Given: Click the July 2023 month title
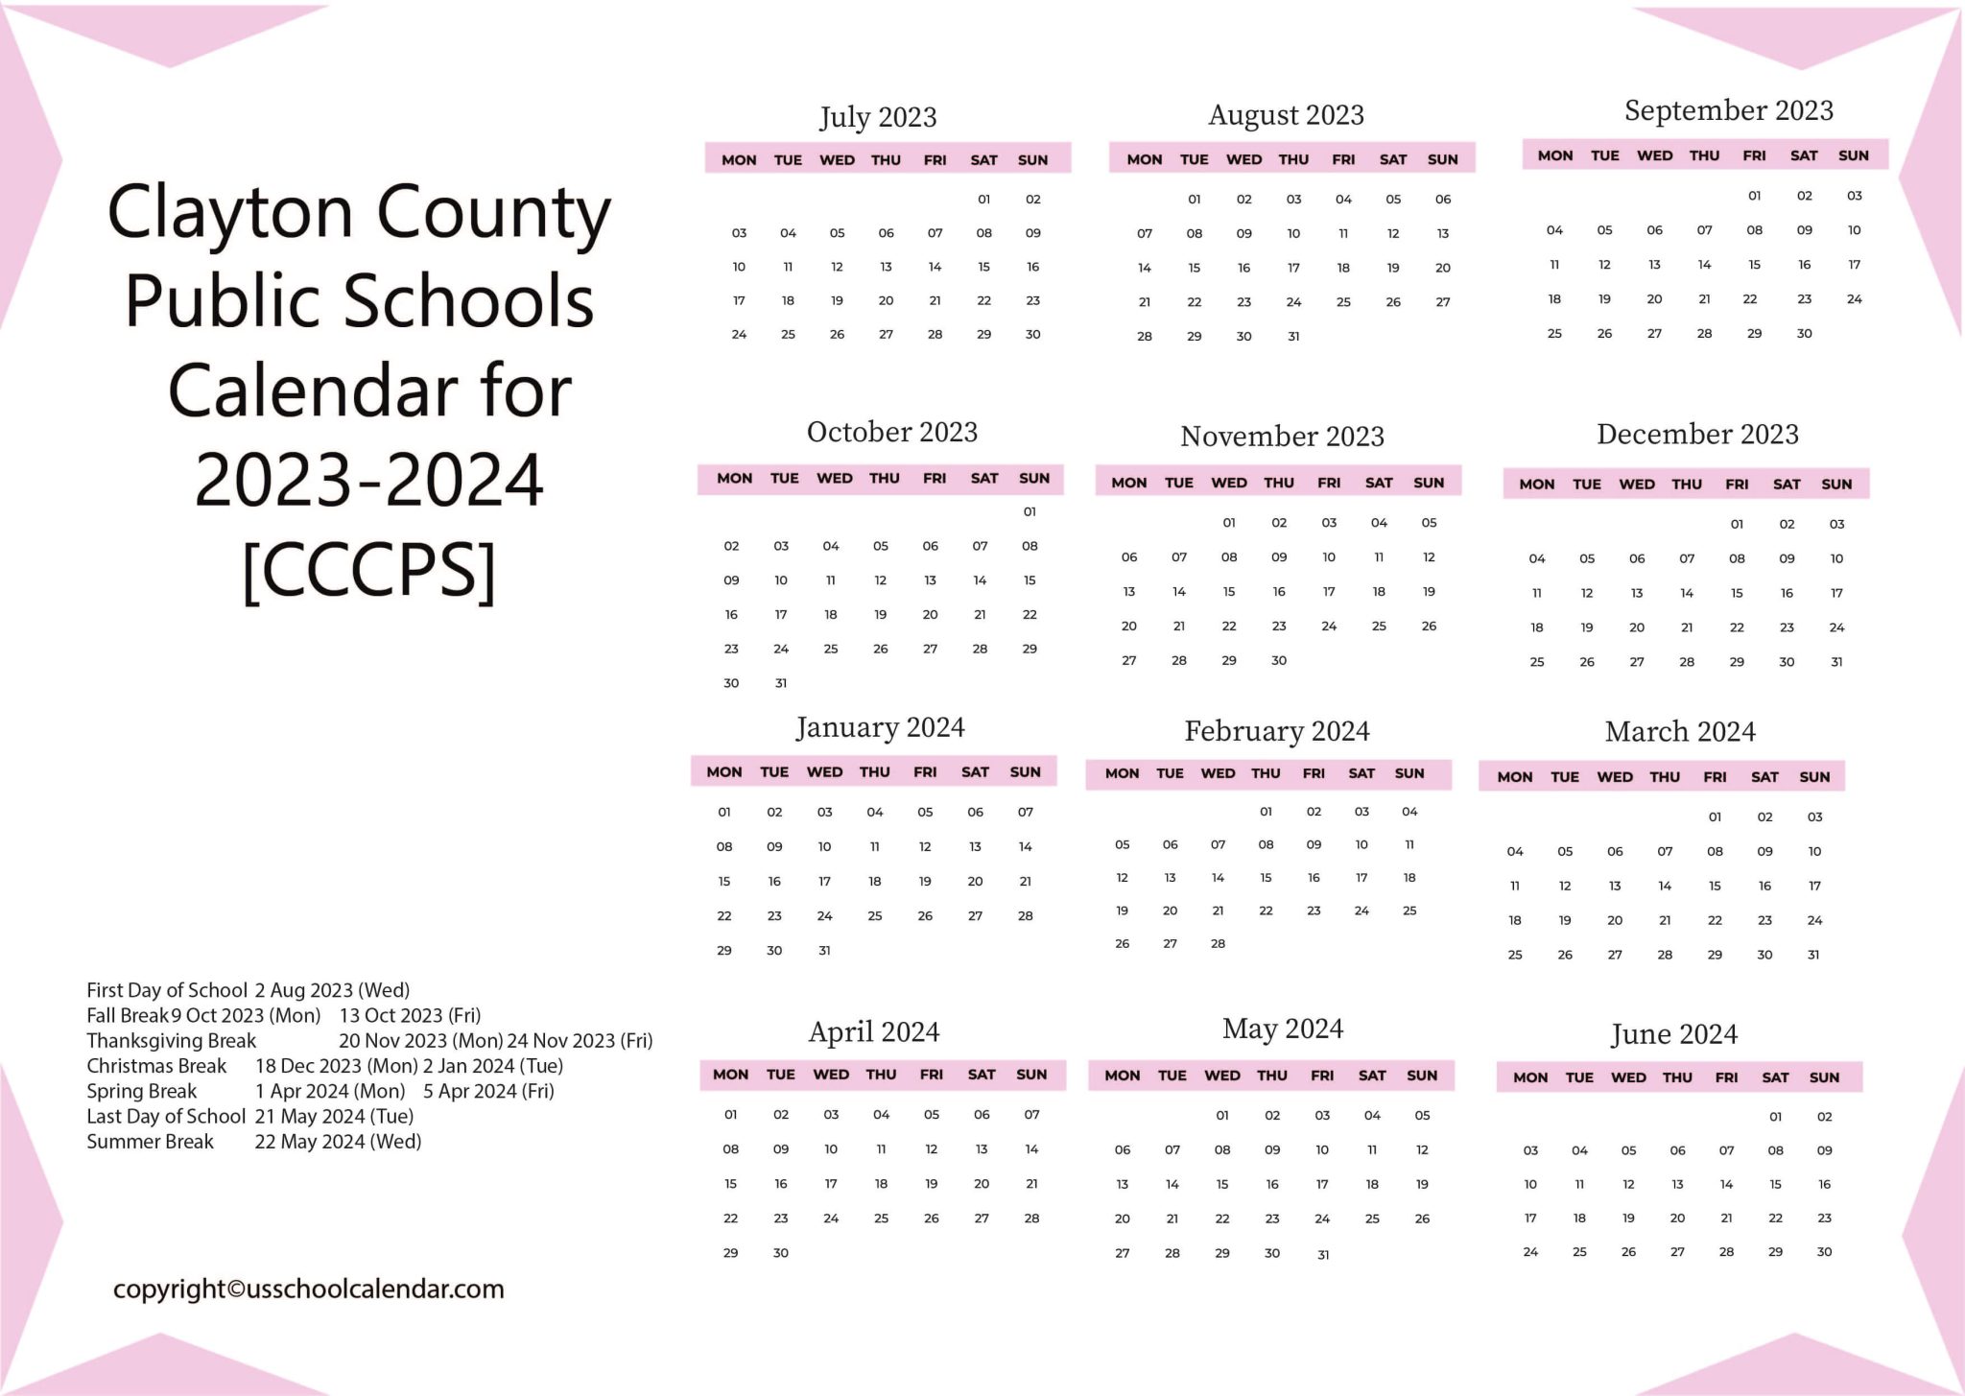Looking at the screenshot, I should (x=877, y=117).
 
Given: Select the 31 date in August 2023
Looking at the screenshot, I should (x=1293, y=337).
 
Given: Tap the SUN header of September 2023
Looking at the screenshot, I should (x=1853, y=155).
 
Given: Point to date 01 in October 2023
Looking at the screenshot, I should (x=1030, y=512).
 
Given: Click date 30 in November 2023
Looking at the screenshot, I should (x=1278, y=660).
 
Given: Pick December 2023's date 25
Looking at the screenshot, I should (x=1537, y=662).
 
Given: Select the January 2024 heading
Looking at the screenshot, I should (x=880, y=727).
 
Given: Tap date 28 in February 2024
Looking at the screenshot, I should (x=1218, y=944).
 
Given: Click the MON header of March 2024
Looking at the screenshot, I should (x=1514, y=777).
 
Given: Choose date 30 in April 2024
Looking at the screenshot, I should (x=780, y=1253).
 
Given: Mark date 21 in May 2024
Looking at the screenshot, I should (x=1172, y=1219).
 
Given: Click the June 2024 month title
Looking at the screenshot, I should (x=1673, y=1034).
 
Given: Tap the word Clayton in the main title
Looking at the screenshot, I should (x=230, y=212).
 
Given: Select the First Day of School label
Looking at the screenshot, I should (x=167, y=990).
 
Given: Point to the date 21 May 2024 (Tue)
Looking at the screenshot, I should (x=334, y=1117).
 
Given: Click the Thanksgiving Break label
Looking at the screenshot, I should (x=171, y=1041).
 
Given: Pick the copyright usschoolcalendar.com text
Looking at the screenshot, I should (x=308, y=1290).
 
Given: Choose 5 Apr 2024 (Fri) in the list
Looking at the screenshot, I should (x=488, y=1092).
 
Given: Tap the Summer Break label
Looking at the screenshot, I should (x=150, y=1142).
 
